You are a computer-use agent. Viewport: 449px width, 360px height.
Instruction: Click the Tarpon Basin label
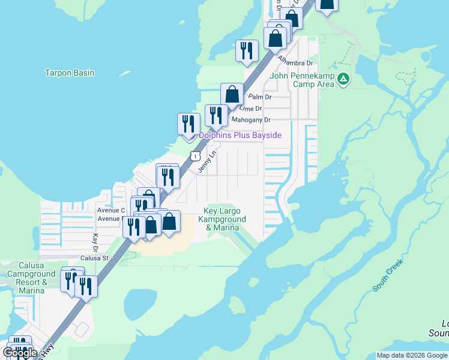(70, 73)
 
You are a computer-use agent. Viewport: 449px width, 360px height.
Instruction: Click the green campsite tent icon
(343, 79)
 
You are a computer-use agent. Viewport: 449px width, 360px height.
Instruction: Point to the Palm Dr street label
(260, 97)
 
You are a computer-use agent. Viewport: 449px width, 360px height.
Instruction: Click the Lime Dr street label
(250, 108)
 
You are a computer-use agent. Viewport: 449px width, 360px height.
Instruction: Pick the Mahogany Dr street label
(252, 120)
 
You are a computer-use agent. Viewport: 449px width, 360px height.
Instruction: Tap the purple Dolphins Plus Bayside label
(240, 136)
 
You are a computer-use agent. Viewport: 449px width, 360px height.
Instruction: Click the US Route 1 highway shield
(195, 156)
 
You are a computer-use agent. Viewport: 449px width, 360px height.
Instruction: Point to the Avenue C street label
(111, 211)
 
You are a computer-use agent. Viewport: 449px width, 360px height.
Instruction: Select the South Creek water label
(387, 275)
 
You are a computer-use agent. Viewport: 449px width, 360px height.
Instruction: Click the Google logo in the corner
(19, 352)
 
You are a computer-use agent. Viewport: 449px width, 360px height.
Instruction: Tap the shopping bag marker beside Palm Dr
(232, 94)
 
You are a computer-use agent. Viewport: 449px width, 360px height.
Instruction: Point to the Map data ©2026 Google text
(412, 355)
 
